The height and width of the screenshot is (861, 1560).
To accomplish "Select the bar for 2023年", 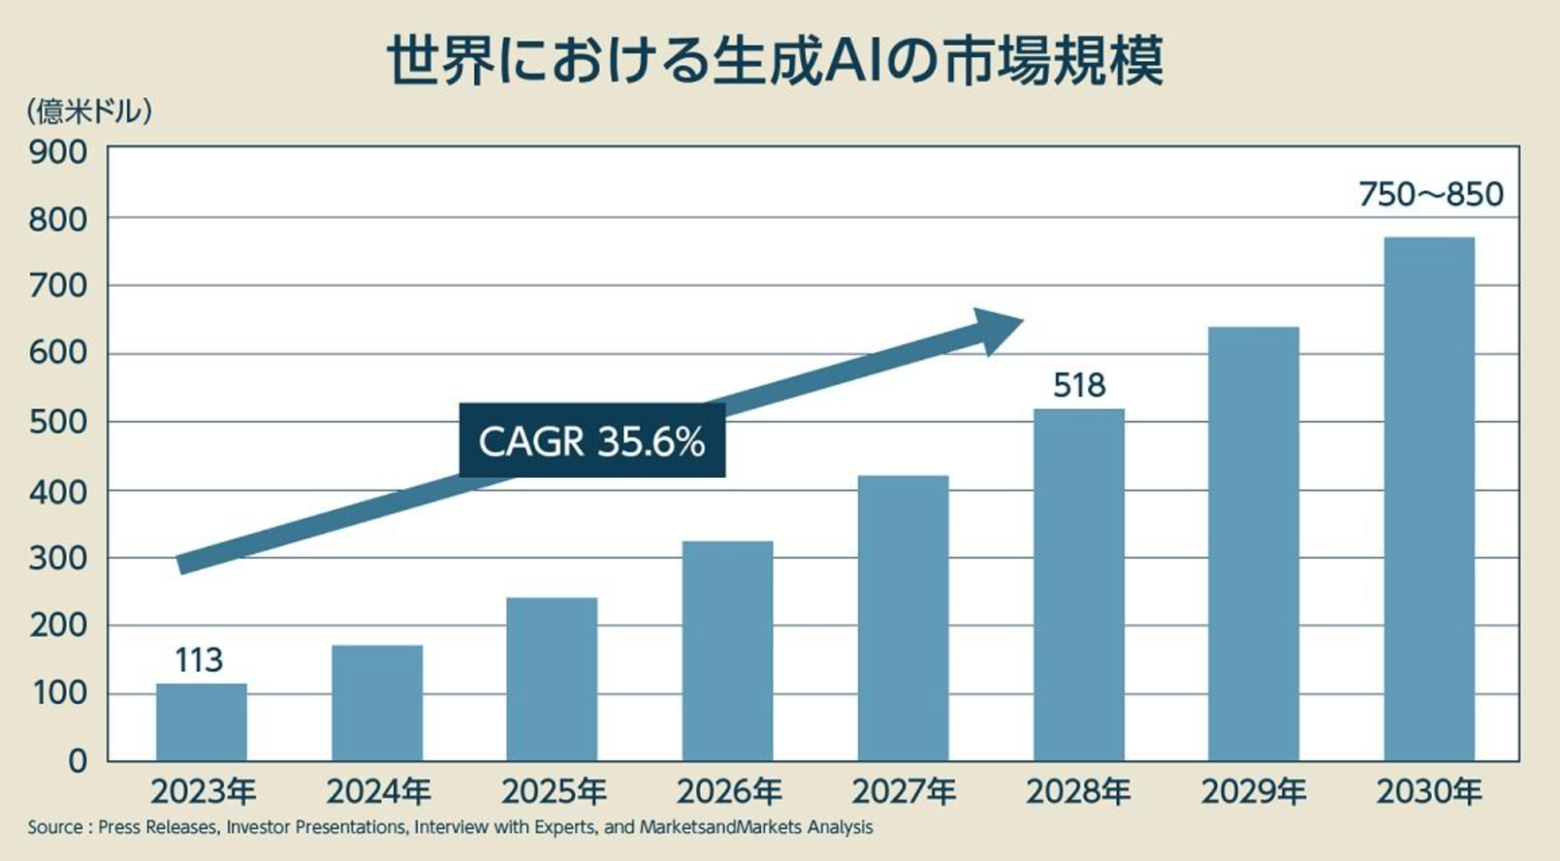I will point(201,722).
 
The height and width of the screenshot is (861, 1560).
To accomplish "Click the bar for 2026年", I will point(727,651).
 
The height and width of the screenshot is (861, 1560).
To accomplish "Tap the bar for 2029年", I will point(1253,544).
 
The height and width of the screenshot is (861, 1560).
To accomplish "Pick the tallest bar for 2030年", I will point(1429,499).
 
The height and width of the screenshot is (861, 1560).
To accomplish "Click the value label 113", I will point(199,661).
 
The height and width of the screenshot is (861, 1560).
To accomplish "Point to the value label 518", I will point(1078,385).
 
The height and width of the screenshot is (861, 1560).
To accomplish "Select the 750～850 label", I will point(1430,194).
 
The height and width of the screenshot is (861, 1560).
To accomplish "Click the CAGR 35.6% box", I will point(592,441).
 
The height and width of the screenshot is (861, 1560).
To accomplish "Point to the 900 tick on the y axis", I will point(58,153).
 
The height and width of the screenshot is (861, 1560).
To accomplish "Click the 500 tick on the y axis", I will point(58,422).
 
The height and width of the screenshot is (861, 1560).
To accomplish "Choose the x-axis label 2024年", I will point(378,792).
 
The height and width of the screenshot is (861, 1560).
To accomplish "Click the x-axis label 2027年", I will point(904,792).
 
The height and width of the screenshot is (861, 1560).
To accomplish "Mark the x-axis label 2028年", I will point(1078,792).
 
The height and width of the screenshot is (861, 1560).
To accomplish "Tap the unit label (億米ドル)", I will point(89,112).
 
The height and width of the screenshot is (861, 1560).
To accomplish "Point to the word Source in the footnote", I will point(55,827).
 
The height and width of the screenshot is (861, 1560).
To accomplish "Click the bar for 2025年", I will point(552,679).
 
